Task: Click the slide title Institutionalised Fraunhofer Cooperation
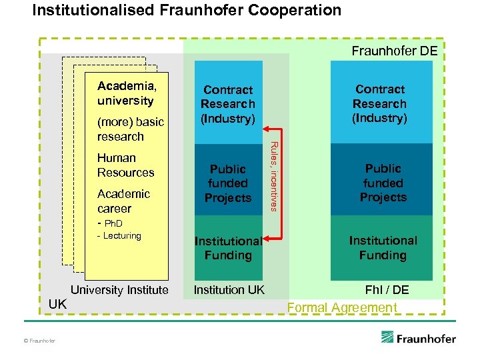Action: (x=187, y=11)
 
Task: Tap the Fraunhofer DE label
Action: (x=394, y=51)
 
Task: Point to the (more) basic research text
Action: (x=130, y=129)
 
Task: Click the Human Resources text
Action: (x=125, y=165)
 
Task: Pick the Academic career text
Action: (x=123, y=201)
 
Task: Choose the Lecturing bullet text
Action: (x=119, y=236)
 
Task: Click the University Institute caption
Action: (x=119, y=290)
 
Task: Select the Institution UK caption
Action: (x=229, y=290)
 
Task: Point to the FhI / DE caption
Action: (x=387, y=290)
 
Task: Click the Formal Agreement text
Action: (x=341, y=307)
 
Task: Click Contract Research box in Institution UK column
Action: (x=228, y=104)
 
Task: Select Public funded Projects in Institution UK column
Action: (x=228, y=183)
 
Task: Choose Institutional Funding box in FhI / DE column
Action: (x=382, y=248)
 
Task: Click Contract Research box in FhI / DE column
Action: (x=380, y=103)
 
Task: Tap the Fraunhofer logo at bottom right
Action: (x=418, y=338)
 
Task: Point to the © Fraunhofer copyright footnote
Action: (x=39, y=341)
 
